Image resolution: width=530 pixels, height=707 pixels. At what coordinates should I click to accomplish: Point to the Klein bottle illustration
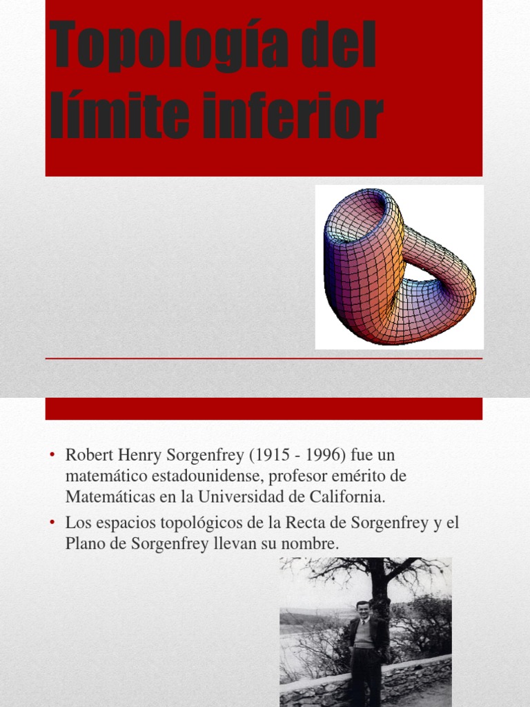[x=399, y=267]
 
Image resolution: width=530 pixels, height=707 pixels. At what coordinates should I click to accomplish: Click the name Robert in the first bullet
[x=88, y=456]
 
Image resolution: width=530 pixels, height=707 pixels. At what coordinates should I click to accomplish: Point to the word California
[x=346, y=496]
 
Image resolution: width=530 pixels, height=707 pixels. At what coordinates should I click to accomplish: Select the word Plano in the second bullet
[x=84, y=544]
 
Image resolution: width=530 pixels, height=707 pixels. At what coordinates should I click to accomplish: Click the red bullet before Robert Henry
[x=52, y=456]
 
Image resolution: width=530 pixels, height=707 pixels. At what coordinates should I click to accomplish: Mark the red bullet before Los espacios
[x=52, y=523]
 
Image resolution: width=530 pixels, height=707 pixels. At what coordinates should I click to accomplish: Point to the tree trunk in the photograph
[x=377, y=587]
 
